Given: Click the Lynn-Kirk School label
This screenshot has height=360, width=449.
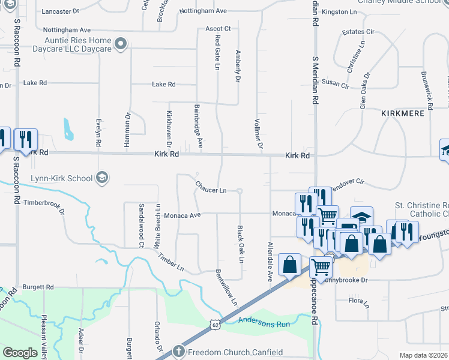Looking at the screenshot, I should [x=61, y=178].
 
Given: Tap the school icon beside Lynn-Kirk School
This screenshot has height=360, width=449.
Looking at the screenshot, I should [x=102, y=177].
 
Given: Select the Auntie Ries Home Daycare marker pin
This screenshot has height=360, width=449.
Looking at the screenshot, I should [x=121, y=43].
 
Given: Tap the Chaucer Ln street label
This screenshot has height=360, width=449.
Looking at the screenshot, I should [x=211, y=190].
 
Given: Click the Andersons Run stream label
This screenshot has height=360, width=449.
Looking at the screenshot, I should [x=264, y=322].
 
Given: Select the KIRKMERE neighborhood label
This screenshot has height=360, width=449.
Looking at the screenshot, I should [x=406, y=113].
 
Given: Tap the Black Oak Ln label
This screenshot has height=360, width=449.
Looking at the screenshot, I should [x=240, y=244].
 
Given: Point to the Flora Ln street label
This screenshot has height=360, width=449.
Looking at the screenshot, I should [x=360, y=302].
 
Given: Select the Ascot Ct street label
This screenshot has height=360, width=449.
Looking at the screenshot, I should [x=218, y=28].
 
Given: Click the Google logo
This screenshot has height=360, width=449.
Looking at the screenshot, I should [x=20, y=353].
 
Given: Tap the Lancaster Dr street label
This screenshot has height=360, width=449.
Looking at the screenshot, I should [x=62, y=11].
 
